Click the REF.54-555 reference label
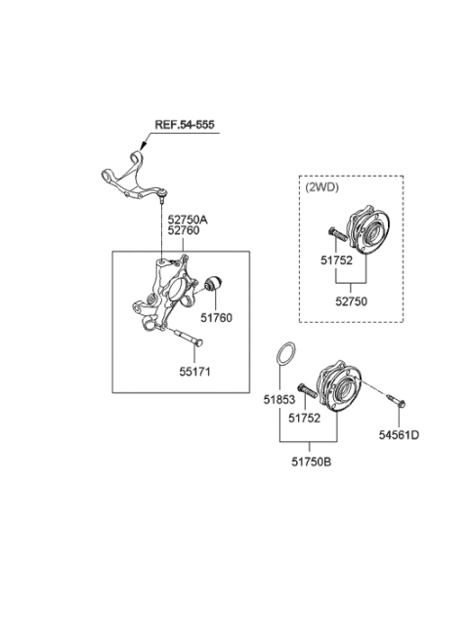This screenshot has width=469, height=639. (183, 126)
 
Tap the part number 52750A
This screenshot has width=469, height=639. (189, 220)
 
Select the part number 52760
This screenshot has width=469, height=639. (184, 232)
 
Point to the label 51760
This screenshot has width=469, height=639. (216, 317)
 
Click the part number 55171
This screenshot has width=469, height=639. (195, 372)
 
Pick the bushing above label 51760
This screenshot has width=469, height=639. (217, 285)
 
